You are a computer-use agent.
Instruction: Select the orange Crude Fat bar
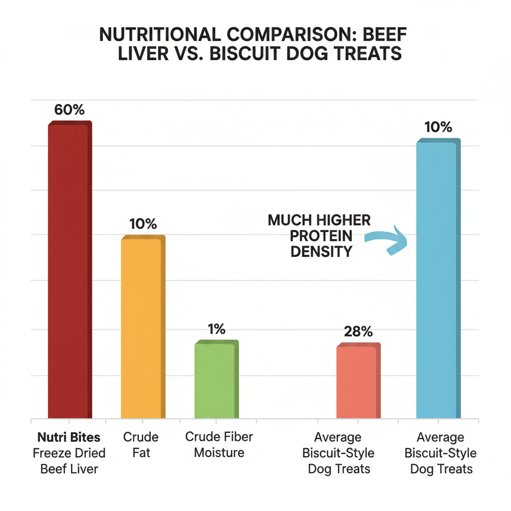click(x=142, y=327)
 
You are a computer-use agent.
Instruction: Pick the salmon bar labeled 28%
click(x=357, y=381)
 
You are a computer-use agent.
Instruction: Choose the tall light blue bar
click(x=437, y=279)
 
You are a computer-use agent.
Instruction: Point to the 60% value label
click(x=69, y=110)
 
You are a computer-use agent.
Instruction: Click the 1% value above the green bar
click(x=217, y=329)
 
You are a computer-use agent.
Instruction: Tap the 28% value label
click(x=358, y=332)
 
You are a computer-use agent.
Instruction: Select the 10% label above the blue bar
click(x=438, y=128)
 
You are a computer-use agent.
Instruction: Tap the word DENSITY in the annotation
click(x=322, y=252)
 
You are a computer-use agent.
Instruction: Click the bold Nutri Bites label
click(x=69, y=438)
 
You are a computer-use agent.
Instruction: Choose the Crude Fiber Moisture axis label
click(x=219, y=445)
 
